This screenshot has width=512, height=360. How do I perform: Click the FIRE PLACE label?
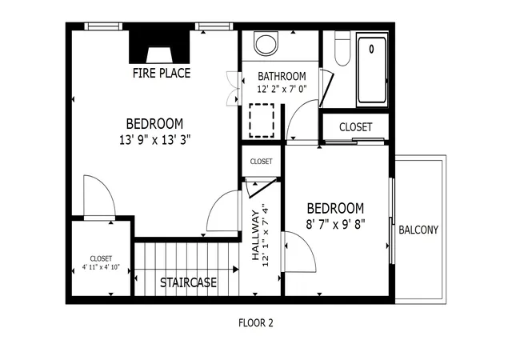click(162, 73)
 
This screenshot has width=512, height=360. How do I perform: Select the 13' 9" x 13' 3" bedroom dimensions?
click(154, 140)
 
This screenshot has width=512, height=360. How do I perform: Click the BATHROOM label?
click(282, 77)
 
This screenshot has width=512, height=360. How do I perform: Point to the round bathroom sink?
click(266, 43)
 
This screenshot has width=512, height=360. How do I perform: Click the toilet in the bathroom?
click(342, 48)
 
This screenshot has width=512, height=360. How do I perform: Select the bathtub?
click(372, 70)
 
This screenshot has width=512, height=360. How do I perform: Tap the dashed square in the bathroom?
click(262, 121)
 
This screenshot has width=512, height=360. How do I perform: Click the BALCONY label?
click(418, 230)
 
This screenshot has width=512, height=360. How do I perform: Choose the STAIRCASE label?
click(188, 282)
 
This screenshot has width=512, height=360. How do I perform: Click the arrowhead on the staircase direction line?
click(235, 270)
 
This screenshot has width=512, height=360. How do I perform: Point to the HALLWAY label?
click(255, 235)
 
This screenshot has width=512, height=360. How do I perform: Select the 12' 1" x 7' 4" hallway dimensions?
click(265, 235)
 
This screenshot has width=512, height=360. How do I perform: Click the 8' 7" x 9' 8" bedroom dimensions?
click(335, 225)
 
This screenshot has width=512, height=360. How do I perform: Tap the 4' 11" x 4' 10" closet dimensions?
click(101, 267)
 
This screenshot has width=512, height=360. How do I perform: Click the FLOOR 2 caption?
click(256, 323)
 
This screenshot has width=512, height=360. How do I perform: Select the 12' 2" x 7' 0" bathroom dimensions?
click(282, 89)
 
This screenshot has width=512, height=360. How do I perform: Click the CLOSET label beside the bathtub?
click(355, 127)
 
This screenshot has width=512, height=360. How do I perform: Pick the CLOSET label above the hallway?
click(262, 162)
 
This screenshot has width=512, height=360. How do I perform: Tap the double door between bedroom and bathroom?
click(234, 89)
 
